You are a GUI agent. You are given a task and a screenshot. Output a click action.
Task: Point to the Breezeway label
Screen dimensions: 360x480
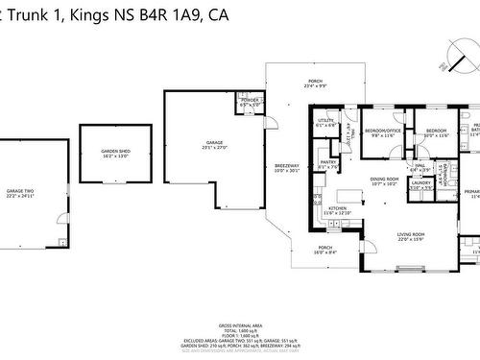click(x=287, y=165)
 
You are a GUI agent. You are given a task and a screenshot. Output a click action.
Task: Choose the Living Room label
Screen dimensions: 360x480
click(x=412, y=234)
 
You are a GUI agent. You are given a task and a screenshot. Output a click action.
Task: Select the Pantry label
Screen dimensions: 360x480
click(x=328, y=162)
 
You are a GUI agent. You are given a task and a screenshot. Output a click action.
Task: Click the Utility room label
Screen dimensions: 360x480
click(x=325, y=121)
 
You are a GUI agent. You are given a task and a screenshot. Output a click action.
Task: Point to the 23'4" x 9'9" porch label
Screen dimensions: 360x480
click(x=315, y=84)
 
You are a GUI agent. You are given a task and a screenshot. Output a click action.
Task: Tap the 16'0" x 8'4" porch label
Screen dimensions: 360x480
click(x=326, y=250)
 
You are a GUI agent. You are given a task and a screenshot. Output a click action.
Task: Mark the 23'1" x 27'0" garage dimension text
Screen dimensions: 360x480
click(x=214, y=147)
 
